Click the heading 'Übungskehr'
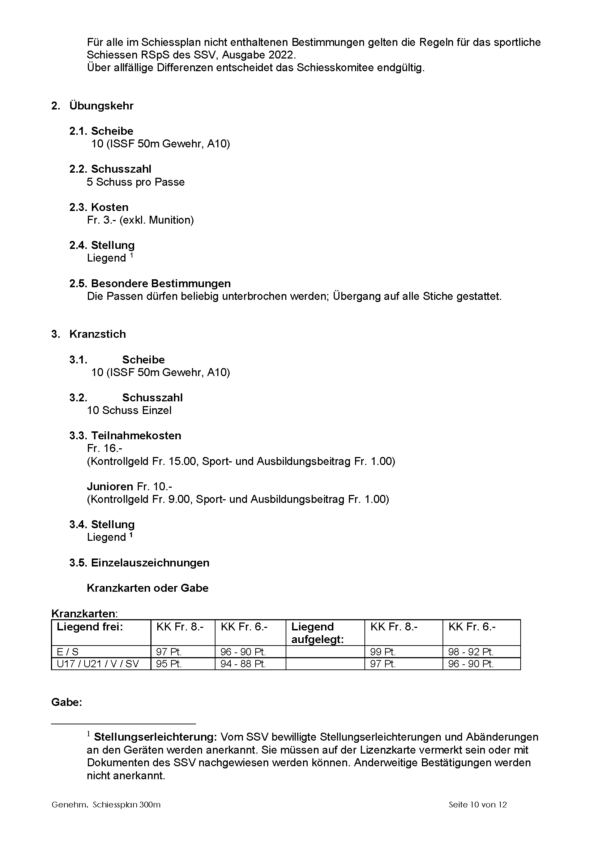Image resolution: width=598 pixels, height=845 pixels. coord(101,106)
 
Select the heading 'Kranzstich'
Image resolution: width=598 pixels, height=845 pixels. coord(98,334)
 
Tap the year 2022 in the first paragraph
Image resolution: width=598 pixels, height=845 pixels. coord(282,55)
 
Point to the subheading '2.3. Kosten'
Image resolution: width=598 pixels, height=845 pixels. coord(99,207)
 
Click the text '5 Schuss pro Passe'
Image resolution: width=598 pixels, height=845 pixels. coord(136,182)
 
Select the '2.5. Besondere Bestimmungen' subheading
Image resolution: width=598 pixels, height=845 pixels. coord(150,283)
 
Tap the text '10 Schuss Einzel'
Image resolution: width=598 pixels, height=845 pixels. coord(129,410)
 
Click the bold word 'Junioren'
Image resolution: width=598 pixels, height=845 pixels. coord(110,487)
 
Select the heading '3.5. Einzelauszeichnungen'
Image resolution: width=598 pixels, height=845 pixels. coord(139,563)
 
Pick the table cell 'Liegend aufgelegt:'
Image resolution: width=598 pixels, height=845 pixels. coord(317,633)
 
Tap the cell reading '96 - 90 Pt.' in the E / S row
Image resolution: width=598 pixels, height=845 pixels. coord(243,652)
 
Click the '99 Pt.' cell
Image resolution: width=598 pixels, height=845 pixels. coord(383,652)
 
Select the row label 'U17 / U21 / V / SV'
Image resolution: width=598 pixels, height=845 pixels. coord(98,664)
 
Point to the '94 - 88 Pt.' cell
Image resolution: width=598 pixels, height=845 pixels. coord(243,664)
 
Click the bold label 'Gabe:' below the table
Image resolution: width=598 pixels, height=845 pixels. coord(66,702)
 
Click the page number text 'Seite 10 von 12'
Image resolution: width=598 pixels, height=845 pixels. coord(478,805)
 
